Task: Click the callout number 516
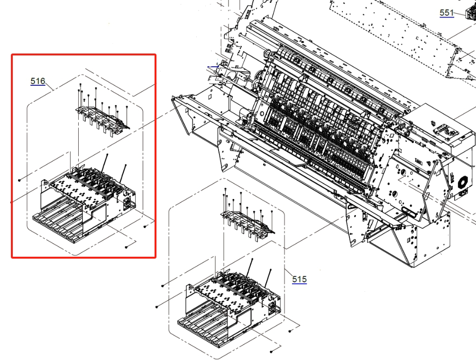38,81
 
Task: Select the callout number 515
299,279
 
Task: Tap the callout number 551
447,13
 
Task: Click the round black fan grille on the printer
462,183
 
